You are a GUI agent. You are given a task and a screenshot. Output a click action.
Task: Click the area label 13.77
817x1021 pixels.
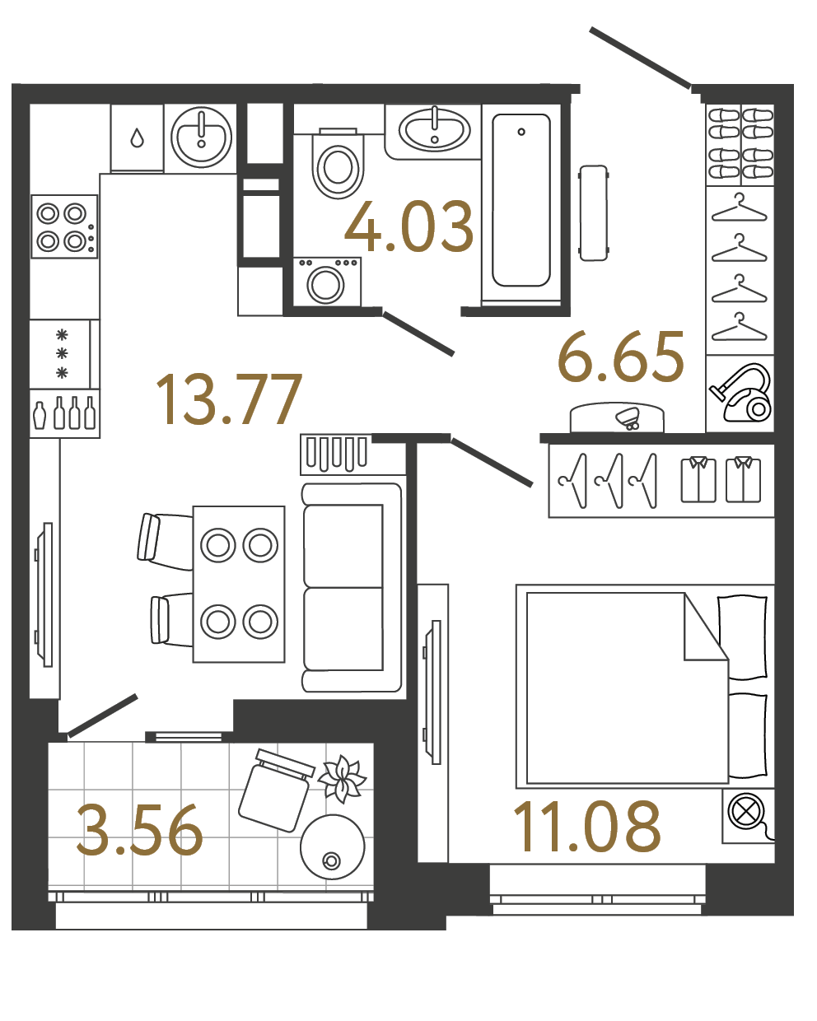coord(229,399)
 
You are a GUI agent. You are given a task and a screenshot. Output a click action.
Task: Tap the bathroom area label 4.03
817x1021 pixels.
coord(409,226)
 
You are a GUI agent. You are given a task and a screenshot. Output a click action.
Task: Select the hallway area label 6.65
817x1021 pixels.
coord(621,358)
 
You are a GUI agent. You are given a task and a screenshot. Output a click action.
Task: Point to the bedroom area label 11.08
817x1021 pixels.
coord(586,827)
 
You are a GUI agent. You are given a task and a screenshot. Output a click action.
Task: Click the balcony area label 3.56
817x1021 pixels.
coord(140,831)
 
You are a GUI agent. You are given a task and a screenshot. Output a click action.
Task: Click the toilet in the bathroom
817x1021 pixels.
coord(338,165)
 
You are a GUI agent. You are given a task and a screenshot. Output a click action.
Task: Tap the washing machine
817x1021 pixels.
coord(327,282)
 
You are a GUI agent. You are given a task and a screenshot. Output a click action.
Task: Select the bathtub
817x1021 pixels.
coord(521,201)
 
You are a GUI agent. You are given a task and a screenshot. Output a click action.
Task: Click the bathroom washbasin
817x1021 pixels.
coord(434,130)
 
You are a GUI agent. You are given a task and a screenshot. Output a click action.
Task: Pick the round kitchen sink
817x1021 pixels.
coord(201,137)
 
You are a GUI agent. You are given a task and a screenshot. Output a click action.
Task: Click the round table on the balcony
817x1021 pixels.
coord(332,847)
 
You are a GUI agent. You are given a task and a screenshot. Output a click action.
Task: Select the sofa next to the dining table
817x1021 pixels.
coord(352,587)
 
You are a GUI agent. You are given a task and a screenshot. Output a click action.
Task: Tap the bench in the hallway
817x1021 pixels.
coord(593,212)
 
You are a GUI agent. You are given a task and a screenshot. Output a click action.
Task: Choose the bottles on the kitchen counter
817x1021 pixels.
coord(64,413)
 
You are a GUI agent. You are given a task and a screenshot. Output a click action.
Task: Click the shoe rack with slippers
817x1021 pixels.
coord(740,144)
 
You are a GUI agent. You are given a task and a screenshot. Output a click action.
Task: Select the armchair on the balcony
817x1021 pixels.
coord(275,790)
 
